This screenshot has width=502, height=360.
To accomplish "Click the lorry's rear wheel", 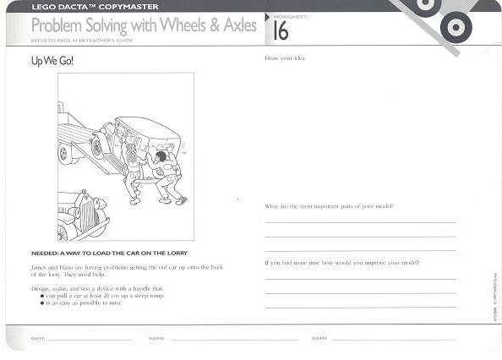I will click(x=66, y=153).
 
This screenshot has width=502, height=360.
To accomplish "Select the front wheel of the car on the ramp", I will click(x=98, y=147).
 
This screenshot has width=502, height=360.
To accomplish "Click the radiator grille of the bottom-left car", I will click(x=85, y=214).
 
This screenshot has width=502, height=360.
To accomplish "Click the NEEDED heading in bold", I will click(x=108, y=253).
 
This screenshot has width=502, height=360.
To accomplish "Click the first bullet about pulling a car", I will click(x=105, y=295).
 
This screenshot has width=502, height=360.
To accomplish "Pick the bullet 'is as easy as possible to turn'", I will click(x=85, y=302).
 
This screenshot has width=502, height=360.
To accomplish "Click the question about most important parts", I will click(x=328, y=206).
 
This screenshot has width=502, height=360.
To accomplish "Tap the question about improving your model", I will click(x=341, y=262).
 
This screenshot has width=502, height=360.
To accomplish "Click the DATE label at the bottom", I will click(x=37, y=338).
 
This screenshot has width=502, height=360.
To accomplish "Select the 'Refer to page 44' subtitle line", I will click(x=80, y=40).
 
